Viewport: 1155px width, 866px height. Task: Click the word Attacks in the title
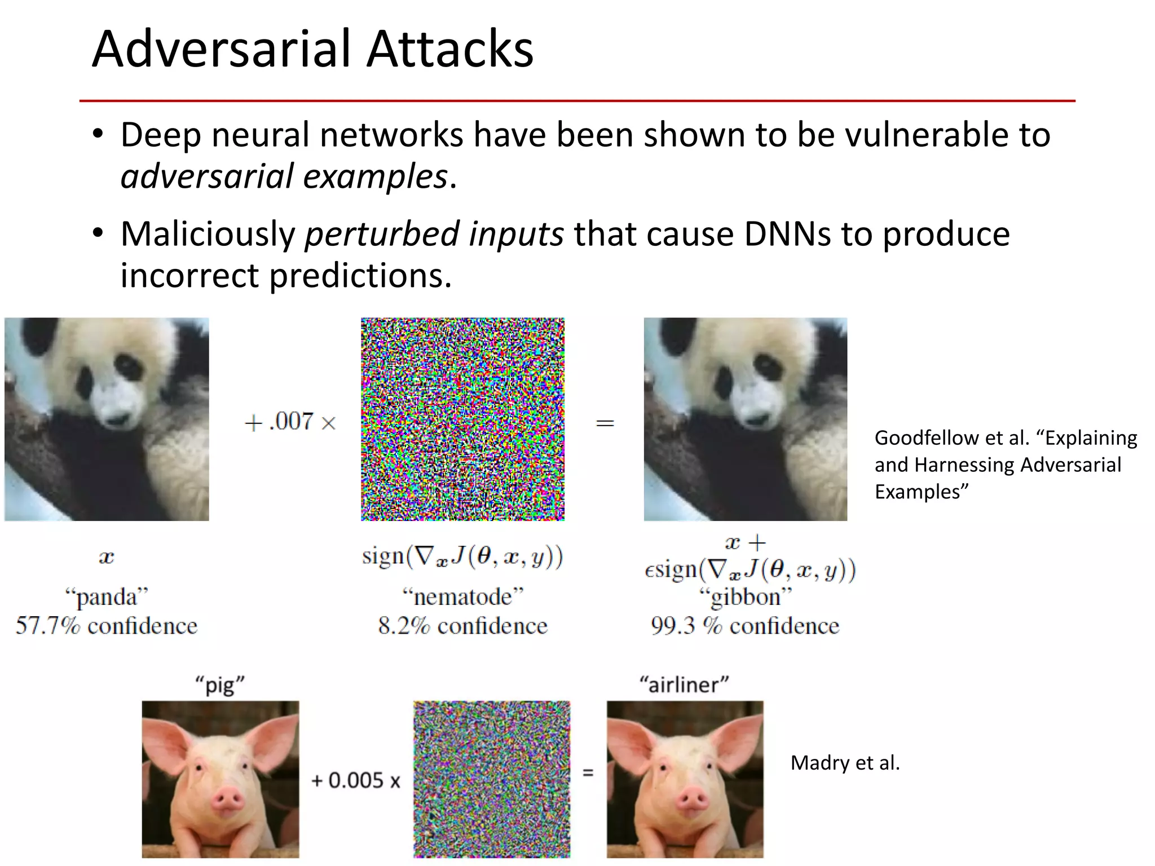(x=449, y=50)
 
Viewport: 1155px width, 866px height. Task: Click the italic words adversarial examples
(x=284, y=176)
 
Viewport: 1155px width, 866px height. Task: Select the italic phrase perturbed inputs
(x=434, y=234)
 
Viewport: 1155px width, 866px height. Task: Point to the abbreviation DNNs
(x=787, y=234)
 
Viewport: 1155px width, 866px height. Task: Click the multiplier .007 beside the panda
(x=291, y=421)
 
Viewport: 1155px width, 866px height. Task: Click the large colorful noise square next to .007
(x=462, y=419)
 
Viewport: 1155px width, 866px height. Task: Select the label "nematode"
(x=463, y=597)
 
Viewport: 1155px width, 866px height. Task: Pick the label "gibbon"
(x=745, y=597)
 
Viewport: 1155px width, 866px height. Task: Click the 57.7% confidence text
(x=107, y=626)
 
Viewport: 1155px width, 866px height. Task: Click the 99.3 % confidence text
(x=744, y=626)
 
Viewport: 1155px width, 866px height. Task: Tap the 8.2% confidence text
(x=462, y=626)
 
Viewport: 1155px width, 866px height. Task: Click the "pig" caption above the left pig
(x=219, y=686)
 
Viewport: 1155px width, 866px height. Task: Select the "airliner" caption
(x=684, y=684)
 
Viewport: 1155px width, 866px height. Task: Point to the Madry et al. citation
(x=845, y=763)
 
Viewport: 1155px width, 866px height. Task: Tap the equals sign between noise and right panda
(x=605, y=423)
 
